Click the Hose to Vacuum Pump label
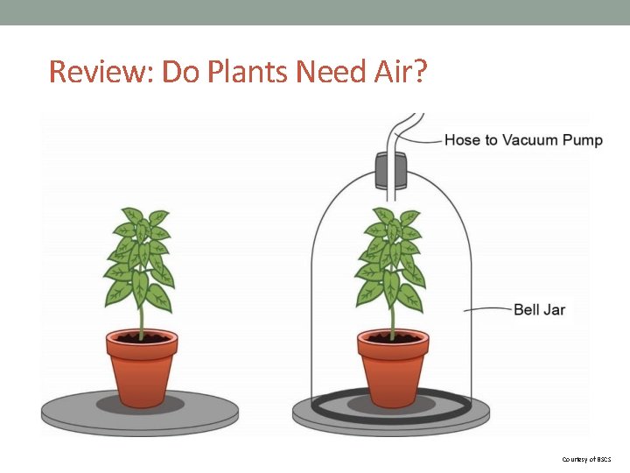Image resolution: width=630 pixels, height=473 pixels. tap(523, 140)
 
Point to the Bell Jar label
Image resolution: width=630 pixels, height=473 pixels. tap(539, 309)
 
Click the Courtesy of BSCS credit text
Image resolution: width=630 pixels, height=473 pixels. tap(587, 459)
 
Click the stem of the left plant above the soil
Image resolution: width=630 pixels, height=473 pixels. tap(140, 321)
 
